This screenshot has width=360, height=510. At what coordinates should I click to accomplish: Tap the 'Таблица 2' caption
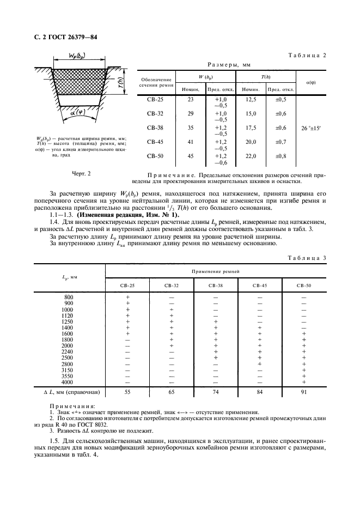coord(309,56)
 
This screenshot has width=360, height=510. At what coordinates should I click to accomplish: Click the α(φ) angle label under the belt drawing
coord(77,113)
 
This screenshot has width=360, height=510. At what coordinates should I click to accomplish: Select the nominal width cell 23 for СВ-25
coord(190,100)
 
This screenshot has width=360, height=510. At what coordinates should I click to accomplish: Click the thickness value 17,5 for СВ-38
coord(251,128)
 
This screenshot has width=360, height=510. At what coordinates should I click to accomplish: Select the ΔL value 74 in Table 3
coord(216,392)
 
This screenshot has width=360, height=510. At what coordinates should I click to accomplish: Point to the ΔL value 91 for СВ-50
coord(304,392)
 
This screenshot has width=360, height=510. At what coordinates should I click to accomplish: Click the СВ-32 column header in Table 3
coord(172,286)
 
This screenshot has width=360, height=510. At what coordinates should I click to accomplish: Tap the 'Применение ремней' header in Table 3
coord(216,270)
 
